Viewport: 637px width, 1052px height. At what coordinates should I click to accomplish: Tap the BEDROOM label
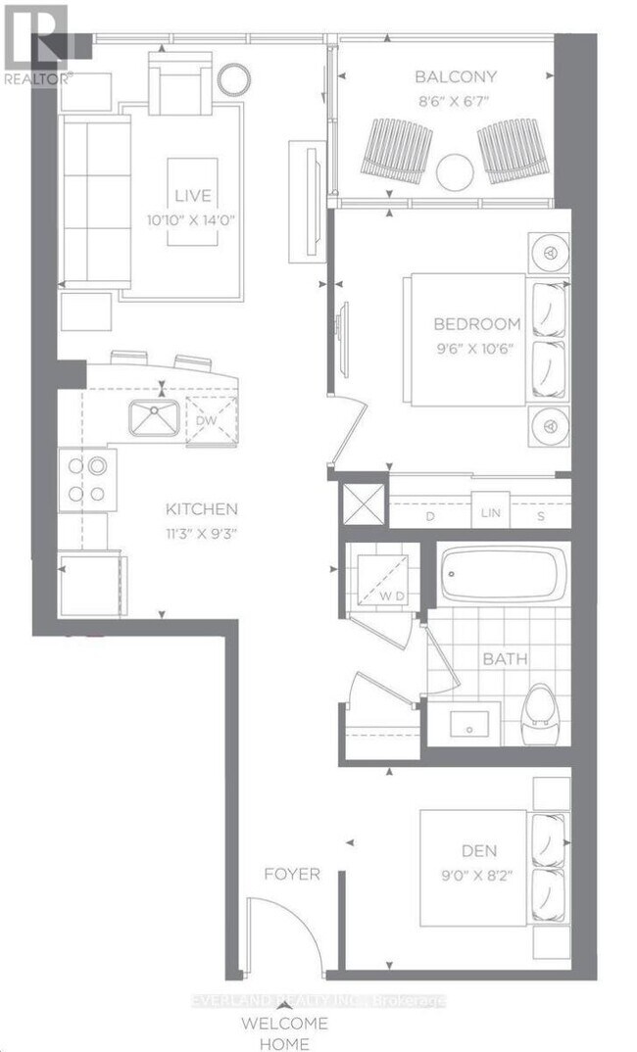click(x=477, y=324)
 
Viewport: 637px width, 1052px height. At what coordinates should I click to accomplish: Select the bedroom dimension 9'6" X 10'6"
click(x=477, y=346)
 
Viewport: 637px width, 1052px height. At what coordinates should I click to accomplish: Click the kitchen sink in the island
click(x=154, y=419)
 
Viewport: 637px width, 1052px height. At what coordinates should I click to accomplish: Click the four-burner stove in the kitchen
click(x=85, y=480)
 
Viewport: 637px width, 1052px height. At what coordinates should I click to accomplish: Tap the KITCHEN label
click(x=200, y=508)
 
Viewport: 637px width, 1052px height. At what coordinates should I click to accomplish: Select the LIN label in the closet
click(x=487, y=514)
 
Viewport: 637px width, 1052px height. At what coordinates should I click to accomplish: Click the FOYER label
click(x=292, y=873)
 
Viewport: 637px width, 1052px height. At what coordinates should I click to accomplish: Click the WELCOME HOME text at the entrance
click(x=285, y=1033)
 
